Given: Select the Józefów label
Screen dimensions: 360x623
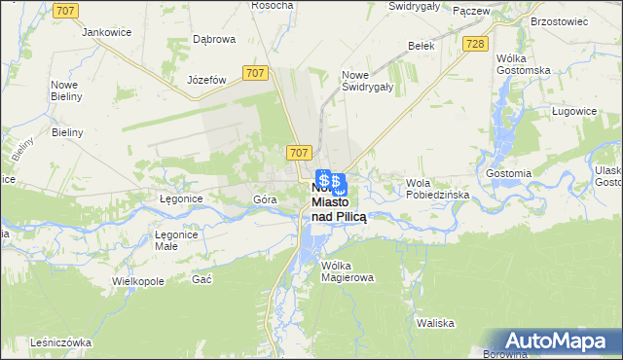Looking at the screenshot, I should tap(207, 80).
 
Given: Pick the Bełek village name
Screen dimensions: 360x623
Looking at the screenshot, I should tap(421, 46).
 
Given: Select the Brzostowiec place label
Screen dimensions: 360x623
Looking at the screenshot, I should tap(560, 19).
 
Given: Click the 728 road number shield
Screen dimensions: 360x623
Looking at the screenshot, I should tap(475, 45).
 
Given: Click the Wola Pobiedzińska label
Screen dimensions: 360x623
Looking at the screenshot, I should tap(438, 189).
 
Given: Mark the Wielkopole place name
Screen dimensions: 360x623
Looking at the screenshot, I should tap(137, 280).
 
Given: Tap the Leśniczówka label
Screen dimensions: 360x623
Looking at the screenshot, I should tap(59, 342).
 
